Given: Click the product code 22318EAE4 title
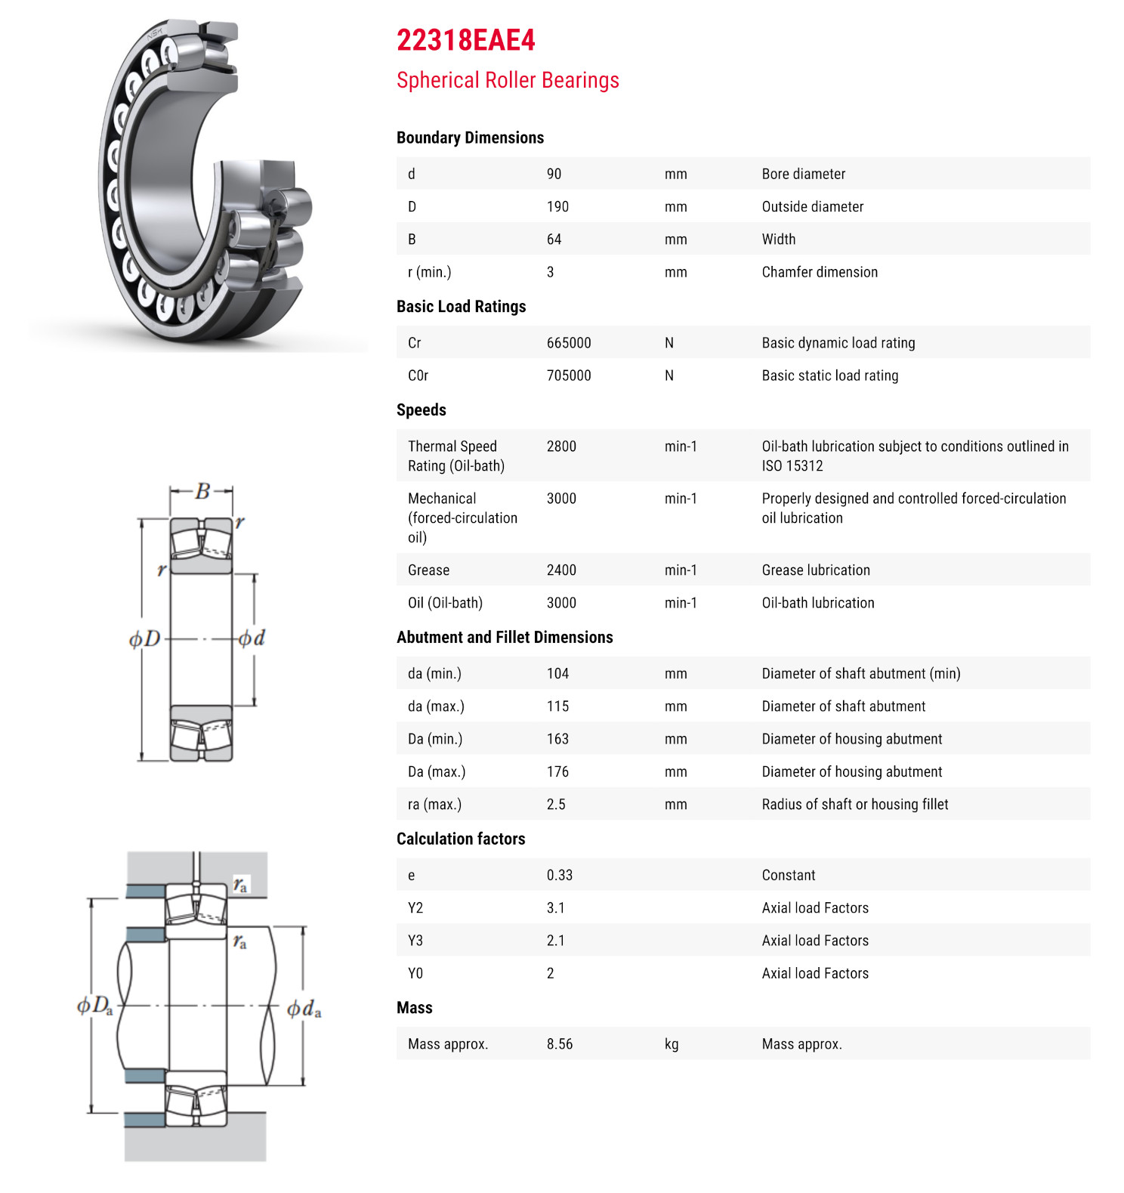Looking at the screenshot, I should (x=465, y=41).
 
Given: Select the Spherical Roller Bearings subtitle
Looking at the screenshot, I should (x=508, y=80).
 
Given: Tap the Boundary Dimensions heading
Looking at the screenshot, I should (x=470, y=138).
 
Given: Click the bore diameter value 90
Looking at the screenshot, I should (x=554, y=174).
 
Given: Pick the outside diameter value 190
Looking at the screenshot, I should (x=557, y=206).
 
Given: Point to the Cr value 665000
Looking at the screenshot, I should (x=569, y=343).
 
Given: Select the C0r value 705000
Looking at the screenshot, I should (x=569, y=376).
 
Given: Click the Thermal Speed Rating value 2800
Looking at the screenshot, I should (x=561, y=447).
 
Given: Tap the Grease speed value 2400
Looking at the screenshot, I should (x=561, y=570).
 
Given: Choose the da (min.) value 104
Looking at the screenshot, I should (x=557, y=674).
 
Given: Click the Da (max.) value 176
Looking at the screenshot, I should (x=557, y=772).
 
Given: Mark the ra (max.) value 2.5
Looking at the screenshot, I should (x=556, y=805).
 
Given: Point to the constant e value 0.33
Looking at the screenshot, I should (x=560, y=876).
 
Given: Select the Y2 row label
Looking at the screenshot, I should (x=415, y=908).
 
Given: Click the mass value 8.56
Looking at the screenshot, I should (x=560, y=1044).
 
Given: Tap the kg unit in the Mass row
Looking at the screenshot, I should (x=672, y=1044).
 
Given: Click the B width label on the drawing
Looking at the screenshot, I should (x=202, y=492).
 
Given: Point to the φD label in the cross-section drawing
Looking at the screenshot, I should (x=145, y=639).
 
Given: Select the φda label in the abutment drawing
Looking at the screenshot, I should (x=304, y=1009).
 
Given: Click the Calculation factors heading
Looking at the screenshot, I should (x=461, y=839).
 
